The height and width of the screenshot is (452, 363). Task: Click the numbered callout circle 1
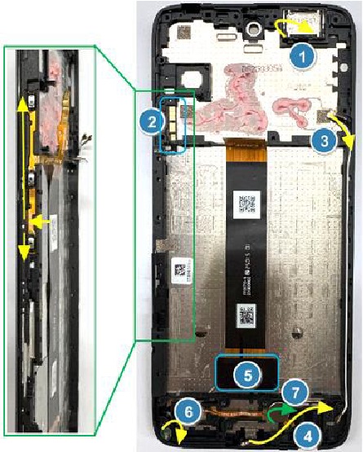(x=303, y=56)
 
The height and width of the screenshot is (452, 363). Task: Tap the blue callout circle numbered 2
(x=152, y=122)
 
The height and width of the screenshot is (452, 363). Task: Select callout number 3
(x=325, y=141)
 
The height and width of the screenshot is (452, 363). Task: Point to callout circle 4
(x=308, y=437)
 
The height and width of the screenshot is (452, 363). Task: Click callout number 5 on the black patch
(x=248, y=375)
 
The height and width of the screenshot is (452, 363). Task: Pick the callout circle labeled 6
(x=188, y=412)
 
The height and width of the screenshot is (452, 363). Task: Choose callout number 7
(x=294, y=393)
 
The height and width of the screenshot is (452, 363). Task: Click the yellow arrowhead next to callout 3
(x=349, y=143)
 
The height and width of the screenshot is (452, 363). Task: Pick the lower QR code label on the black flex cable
(x=246, y=316)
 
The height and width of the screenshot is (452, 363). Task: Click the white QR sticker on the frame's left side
(x=182, y=271)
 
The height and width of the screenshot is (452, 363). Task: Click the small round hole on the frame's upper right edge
(x=343, y=68)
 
